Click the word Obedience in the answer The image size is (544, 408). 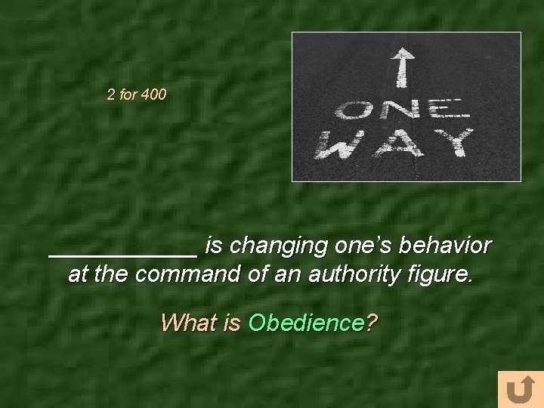coord(305,323)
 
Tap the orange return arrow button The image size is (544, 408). coord(520,390)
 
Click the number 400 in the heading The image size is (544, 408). coord(153,96)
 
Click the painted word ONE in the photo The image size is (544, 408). coord(403,112)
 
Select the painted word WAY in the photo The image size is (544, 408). coord(394,143)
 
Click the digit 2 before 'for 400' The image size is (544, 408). coord(111,96)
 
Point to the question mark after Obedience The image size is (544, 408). coord(371,323)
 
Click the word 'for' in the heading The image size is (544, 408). coord(128,96)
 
